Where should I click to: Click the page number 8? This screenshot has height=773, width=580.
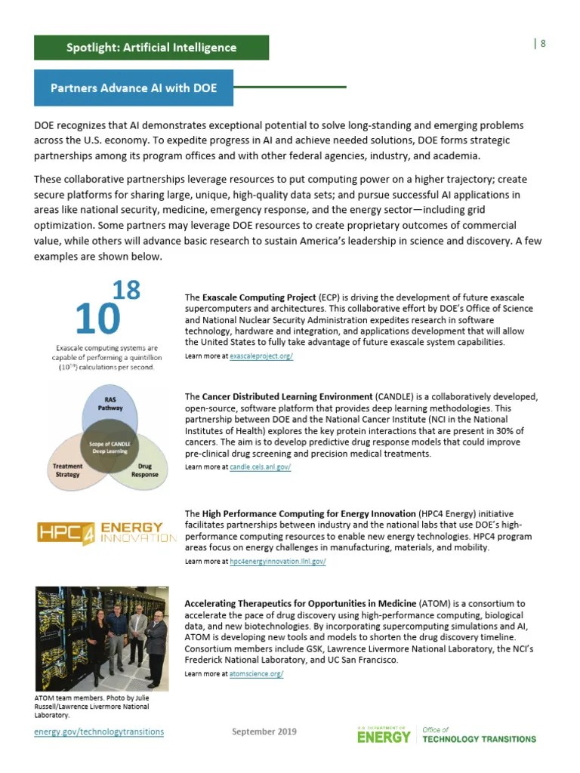coord(542,43)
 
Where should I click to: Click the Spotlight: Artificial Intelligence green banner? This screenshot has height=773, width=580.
coord(151,48)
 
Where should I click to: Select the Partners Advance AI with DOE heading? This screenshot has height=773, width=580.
coord(134,88)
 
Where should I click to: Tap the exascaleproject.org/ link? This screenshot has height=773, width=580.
coord(261,356)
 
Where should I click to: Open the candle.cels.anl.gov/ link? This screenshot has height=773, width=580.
coord(260,467)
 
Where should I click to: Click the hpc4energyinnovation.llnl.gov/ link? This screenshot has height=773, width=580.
coord(277,562)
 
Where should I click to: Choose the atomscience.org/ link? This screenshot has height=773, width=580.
coord(256,673)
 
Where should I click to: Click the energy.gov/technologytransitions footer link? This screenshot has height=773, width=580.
coord(99,731)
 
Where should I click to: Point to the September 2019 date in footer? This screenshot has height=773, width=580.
coord(264,731)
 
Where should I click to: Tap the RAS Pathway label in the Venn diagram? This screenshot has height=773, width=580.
coord(110,402)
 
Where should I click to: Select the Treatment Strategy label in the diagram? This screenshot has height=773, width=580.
coord(67,470)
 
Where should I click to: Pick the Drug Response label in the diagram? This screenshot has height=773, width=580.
coord(145,470)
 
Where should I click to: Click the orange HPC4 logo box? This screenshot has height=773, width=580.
coord(66,533)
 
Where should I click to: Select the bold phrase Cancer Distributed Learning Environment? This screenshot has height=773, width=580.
coord(287,396)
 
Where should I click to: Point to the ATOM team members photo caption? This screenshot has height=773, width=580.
coord(91,707)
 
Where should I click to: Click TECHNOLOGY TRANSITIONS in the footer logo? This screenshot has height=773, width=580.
coord(479,739)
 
